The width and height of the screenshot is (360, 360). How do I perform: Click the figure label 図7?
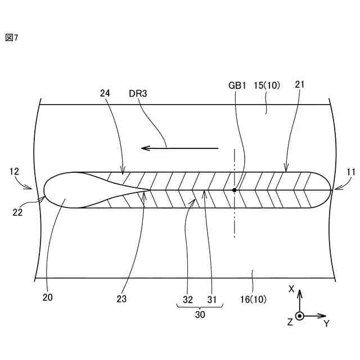11,38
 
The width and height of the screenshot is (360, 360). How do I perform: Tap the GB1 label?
237,85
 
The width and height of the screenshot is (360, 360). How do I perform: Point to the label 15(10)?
267,85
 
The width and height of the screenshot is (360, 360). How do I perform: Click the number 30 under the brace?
200,315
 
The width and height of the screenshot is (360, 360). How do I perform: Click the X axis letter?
291,289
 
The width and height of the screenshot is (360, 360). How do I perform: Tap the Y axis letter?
326,323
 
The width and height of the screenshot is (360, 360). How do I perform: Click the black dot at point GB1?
234,190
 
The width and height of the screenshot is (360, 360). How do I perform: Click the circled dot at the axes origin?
300,316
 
